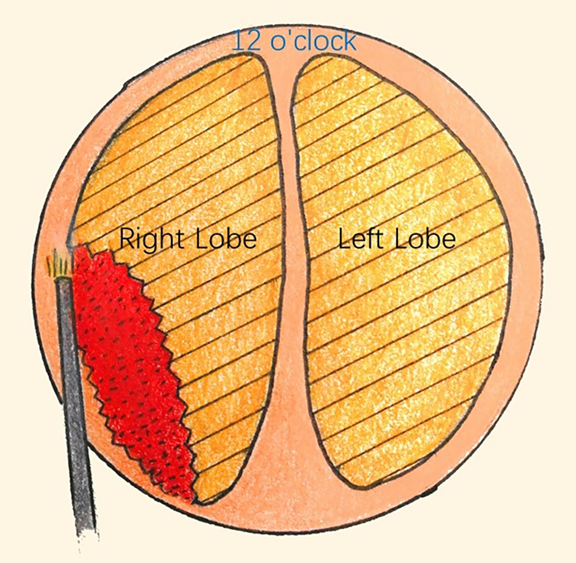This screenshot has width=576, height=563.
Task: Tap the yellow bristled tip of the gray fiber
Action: pos(60,266)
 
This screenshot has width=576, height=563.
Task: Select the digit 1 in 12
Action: pos(238,41)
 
